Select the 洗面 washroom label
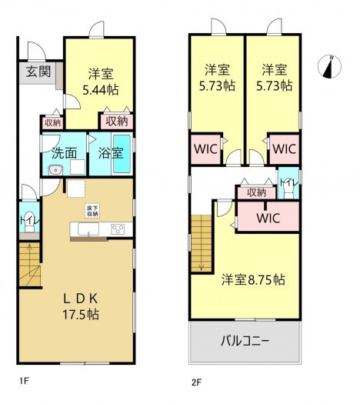[64, 152]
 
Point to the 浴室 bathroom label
[111, 152]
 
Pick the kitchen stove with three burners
[118, 229]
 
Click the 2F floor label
[198, 379]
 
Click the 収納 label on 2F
[257, 192]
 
